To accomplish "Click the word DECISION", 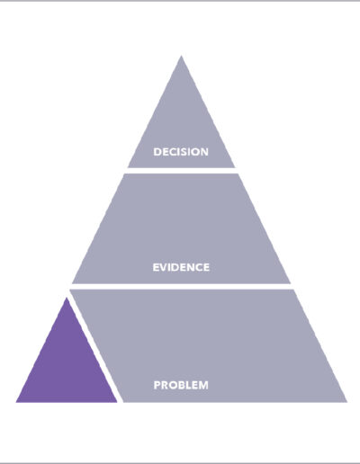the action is (181, 152).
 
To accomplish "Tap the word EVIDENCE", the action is (181, 267).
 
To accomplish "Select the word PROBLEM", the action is (181, 385).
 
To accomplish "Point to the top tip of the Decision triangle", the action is (181, 56).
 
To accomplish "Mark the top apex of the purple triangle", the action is (67, 297).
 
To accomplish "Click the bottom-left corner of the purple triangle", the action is (16, 402).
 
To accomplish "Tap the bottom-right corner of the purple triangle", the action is (117, 402).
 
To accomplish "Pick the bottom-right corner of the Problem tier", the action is (347, 402).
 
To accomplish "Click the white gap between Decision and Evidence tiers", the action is (181, 171).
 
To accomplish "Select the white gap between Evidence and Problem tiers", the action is (181, 286).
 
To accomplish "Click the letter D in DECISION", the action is (157, 152).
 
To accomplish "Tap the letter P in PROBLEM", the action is (157, 385).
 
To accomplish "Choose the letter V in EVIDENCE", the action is (164, 267).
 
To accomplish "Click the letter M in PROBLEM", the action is (203, 385).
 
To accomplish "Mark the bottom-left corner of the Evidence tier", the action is (72, 283).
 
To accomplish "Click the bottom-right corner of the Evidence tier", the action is (291, 283).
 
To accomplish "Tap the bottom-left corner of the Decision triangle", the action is (128, 167).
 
